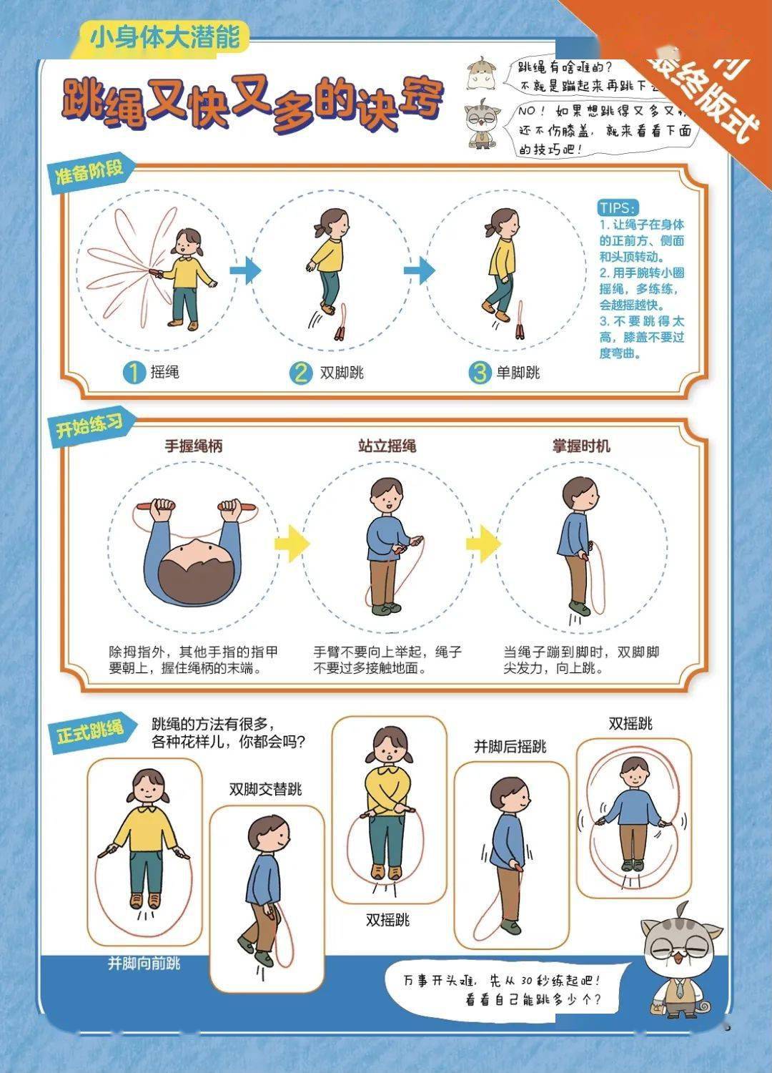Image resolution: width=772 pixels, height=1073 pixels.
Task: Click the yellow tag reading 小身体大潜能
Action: (164, 36)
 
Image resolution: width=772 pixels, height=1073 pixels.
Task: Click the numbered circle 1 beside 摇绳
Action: (134, 373)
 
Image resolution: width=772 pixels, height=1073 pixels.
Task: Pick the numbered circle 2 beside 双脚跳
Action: (301, 373)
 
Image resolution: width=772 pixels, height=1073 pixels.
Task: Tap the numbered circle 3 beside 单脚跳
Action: (480, 373)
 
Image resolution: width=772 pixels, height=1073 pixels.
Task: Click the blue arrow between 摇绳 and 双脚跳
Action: (246, 270)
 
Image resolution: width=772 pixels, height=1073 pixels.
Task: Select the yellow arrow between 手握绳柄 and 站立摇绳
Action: (292, 543)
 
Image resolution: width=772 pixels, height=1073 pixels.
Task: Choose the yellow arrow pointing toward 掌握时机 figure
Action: (484, 543)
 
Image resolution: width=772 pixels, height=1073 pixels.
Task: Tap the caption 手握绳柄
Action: (194, 446)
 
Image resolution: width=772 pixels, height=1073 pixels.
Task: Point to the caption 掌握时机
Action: (581, 446)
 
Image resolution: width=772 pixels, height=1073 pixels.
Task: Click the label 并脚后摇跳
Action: (510, 746)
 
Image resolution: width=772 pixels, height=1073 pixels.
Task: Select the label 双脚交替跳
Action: (265, 788)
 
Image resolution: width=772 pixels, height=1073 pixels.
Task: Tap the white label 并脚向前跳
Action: (144, 964)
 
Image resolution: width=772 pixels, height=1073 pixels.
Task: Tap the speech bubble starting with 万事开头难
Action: (504, 989)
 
